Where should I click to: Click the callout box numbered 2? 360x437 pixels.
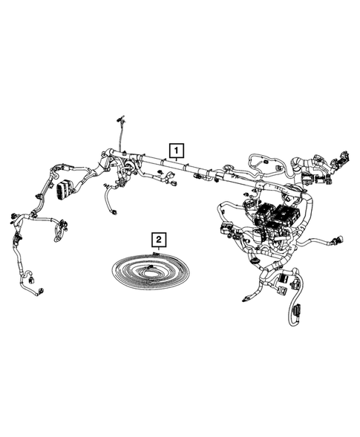[x=160, y=239]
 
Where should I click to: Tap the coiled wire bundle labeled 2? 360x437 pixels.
[x=148, y=273]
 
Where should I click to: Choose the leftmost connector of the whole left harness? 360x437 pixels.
[x=13, y=216]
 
